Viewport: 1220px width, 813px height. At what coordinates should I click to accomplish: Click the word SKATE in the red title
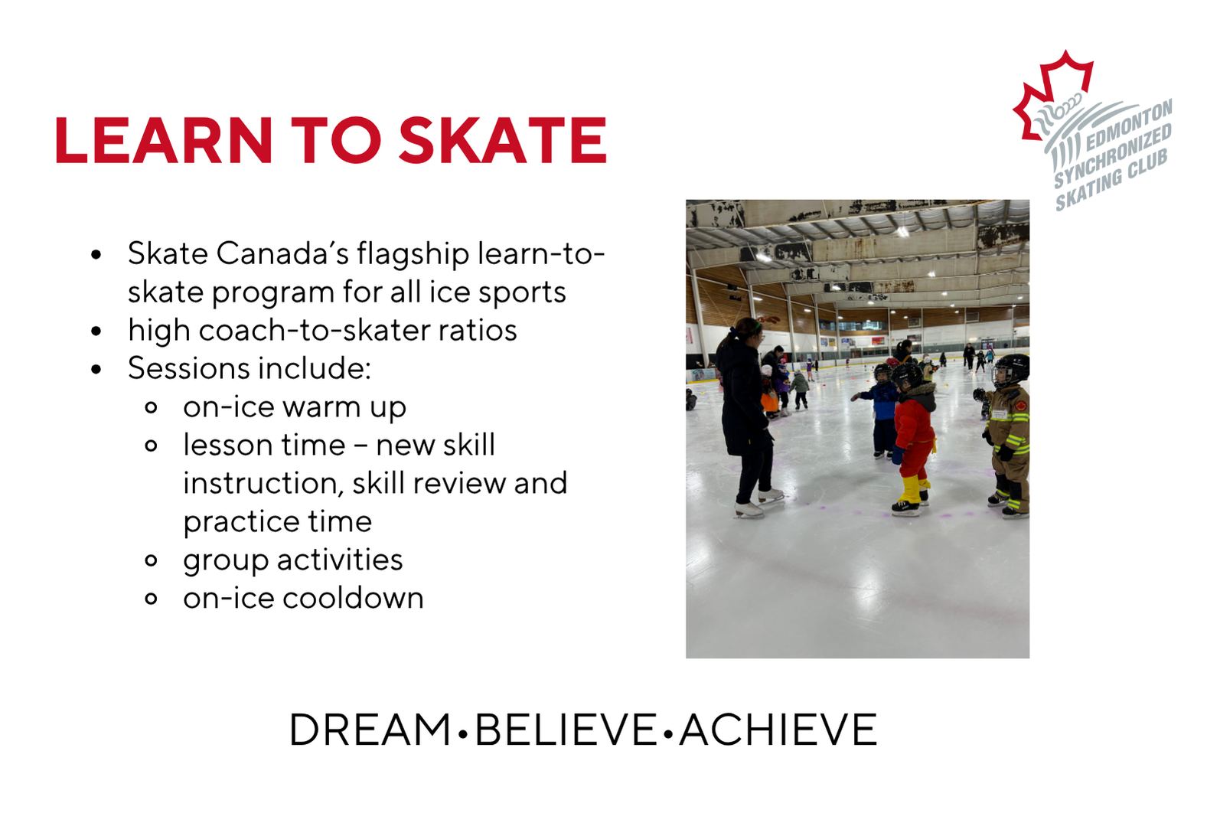tap(503, 140)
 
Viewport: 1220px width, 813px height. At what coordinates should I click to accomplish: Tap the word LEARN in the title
tap(163, 140)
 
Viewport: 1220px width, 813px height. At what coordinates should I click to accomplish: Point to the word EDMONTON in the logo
tap(1128, 126)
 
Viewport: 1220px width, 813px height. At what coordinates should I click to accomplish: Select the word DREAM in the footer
tap(370, 730)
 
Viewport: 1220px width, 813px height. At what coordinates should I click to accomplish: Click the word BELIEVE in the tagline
tap(566, 730)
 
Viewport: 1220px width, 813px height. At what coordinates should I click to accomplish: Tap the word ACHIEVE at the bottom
tap(778, 730)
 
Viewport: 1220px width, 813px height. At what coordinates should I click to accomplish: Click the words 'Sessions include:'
tap(250, 368)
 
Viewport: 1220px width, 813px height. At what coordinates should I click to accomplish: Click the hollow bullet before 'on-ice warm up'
tap(152, 407)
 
